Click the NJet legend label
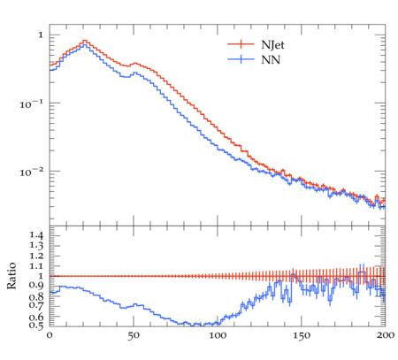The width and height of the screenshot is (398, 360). tap(272, 45)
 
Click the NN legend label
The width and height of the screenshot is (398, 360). tap(271, 60)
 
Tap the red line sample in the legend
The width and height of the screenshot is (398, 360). tap(241, 44)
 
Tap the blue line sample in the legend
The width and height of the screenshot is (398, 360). tap(241, 59)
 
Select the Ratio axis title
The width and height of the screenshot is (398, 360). tap(11, 276)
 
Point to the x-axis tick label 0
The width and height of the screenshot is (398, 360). tap(50, 335)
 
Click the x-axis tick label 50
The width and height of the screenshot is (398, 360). tap(134, 335)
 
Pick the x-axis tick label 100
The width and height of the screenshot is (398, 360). tap(218, 335)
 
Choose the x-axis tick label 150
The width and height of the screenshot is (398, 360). tap(302, 335)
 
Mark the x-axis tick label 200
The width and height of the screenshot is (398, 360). tap(386, 335)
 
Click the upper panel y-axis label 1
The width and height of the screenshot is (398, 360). tap(41, 35)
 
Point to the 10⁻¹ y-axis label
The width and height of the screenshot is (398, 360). tap(32, 103)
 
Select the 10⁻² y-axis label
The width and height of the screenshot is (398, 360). tap(32, 172)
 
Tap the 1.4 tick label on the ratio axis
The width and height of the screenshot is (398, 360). tap(36, 235)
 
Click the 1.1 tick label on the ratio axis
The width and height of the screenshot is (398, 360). tap(36, 266)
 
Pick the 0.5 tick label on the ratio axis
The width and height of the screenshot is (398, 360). tap(36, 326)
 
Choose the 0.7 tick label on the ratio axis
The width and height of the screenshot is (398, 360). tap(36, 305)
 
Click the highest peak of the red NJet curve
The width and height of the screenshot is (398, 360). tap(85, 41)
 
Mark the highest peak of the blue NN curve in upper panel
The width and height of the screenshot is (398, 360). tap(85, 45)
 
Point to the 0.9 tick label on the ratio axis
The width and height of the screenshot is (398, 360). tap(36, 285)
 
